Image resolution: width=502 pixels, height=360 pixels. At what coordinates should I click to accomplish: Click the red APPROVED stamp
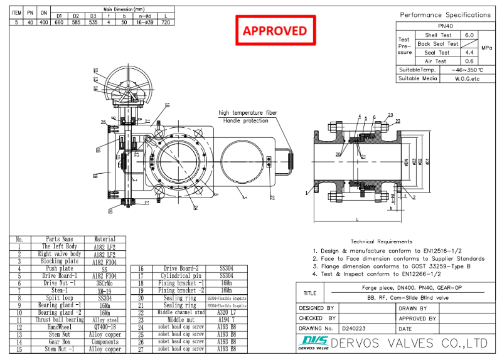point(275,30)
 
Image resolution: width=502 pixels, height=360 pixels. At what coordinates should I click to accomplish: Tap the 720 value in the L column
point(165,22)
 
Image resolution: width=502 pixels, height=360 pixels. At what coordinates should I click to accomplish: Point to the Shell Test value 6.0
point(469,35)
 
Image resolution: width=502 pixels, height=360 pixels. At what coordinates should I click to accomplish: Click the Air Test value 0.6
point(469,61)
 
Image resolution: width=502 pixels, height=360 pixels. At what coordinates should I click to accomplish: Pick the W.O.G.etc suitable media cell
point(467,78)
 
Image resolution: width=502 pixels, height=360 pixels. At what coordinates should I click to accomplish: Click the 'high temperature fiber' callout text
point(248,112)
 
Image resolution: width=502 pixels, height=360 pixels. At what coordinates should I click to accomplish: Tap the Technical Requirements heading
point(381,241)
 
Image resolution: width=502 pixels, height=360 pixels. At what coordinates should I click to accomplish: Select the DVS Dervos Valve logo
point(312,343)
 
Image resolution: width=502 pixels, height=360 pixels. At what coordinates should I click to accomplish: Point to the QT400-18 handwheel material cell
point(105,327)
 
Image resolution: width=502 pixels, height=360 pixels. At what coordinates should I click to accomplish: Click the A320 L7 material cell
point(224,312)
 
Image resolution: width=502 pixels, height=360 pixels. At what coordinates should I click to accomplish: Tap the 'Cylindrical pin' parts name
point(179,275)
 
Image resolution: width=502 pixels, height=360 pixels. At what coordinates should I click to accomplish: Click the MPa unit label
point(486,48)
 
